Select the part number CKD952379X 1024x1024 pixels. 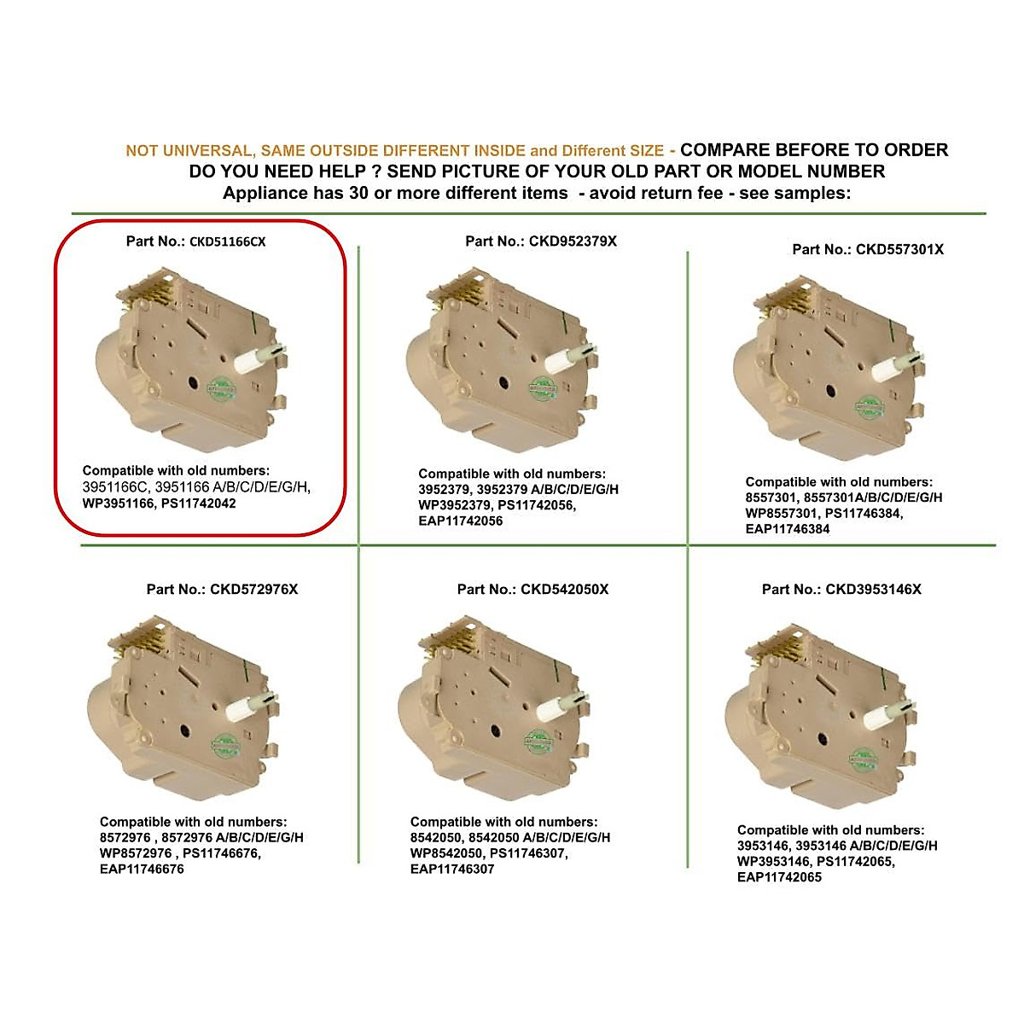(573, 241)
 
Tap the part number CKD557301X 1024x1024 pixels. (899, 249)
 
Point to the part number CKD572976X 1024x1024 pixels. (253, 589)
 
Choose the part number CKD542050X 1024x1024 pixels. (564, 589)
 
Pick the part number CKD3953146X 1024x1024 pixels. (873, 589)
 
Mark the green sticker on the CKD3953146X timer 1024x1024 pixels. (864, 758)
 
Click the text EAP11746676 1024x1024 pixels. (142, 869)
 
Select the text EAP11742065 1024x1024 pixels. (779, 876)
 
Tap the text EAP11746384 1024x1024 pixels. (788, 528)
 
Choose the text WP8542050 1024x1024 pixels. (448, 853)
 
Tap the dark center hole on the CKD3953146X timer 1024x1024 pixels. (823, 738)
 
